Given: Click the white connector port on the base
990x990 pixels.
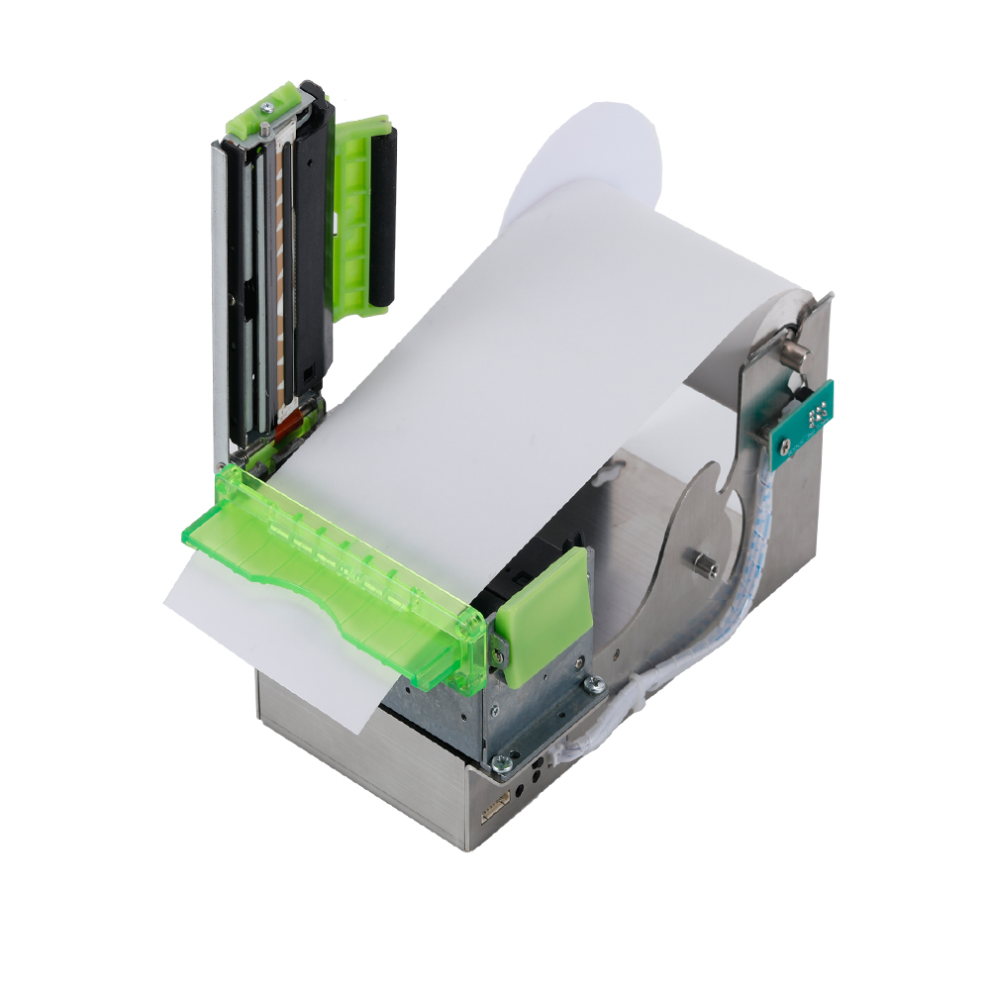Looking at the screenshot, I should click(x=492, y=811).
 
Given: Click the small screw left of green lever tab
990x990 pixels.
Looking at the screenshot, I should click(x=501, y=647).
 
